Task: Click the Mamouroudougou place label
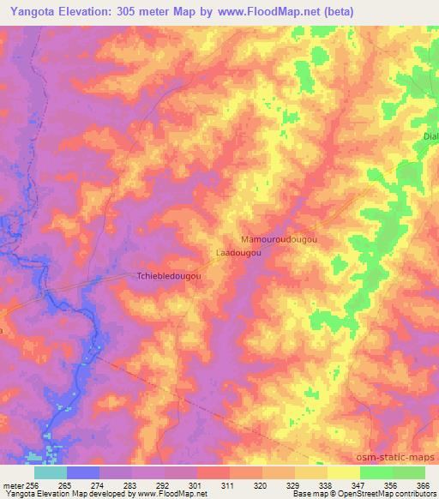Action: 277,241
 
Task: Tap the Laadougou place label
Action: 237,254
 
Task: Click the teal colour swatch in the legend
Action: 51,472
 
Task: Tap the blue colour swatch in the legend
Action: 83,472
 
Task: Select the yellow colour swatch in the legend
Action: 344,472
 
